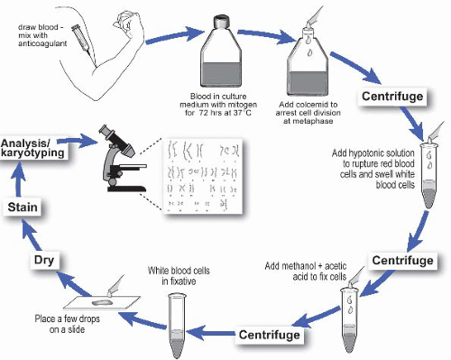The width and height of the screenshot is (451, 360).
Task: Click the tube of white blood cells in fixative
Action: click(178, 320)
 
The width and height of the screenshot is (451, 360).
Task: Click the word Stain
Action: click(22, 208)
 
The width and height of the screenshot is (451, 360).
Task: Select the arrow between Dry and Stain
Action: click(19, 234)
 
